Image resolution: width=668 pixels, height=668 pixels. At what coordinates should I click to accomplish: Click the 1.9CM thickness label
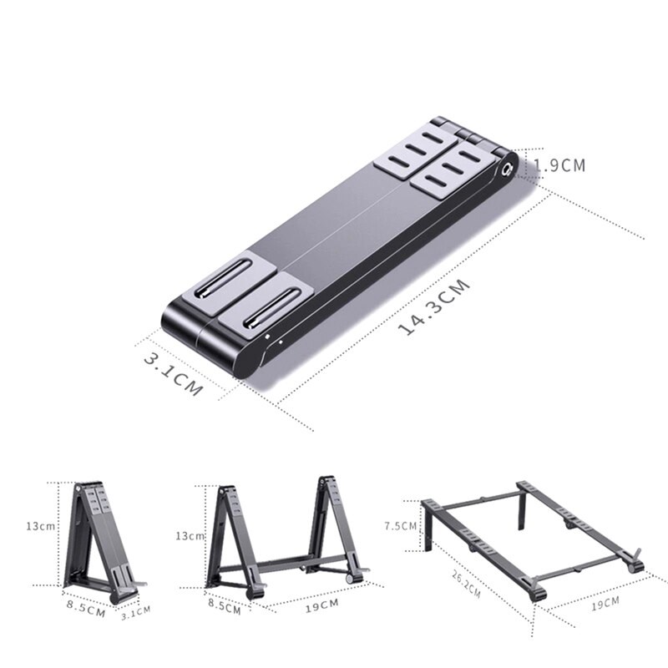[x=560, y=165]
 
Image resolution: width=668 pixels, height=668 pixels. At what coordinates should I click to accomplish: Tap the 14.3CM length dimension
[x=434, y=306]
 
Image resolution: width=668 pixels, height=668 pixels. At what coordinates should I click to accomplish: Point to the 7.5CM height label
[x=400, y=526]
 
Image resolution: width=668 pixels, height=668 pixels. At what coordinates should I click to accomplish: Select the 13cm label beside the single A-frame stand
[x=40, y=527]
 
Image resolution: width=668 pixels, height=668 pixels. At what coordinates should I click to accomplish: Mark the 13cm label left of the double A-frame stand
[x=191, y=536]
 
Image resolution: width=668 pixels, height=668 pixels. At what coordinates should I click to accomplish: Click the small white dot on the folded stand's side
[x=267, y=338]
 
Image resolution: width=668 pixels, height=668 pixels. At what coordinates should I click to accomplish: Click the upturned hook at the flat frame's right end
[x=636, y=557]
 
